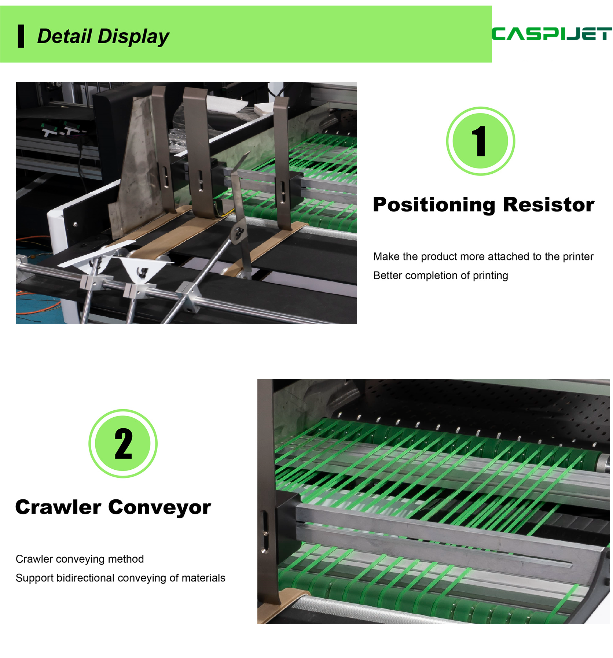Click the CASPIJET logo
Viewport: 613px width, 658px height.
552,34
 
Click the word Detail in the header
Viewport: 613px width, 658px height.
65,36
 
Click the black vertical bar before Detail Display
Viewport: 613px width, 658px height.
21,36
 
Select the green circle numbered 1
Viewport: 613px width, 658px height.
480,141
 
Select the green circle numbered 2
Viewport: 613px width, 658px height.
123,443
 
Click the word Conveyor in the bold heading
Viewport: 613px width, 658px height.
160,508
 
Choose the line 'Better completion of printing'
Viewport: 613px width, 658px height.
441,276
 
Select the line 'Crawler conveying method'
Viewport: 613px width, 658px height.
80,559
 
